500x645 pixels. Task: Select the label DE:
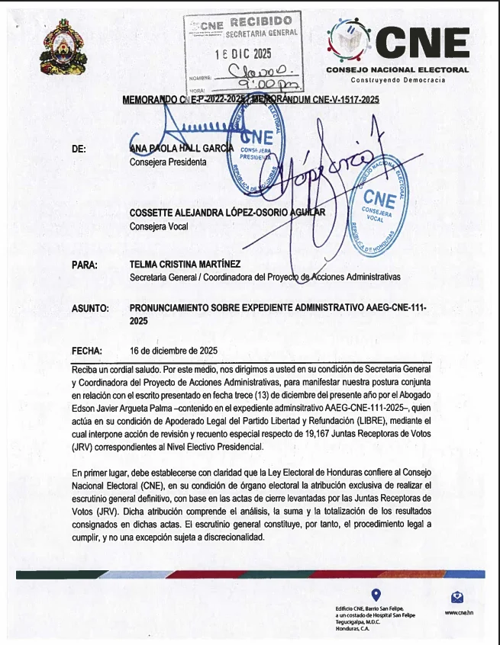78,149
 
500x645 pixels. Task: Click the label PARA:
84,265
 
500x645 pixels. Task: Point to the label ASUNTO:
90,309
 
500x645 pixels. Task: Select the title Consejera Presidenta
168,162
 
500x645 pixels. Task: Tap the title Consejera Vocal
158,226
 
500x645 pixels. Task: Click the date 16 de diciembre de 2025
174,351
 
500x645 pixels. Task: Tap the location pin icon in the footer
375,594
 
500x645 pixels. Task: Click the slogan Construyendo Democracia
398,80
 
